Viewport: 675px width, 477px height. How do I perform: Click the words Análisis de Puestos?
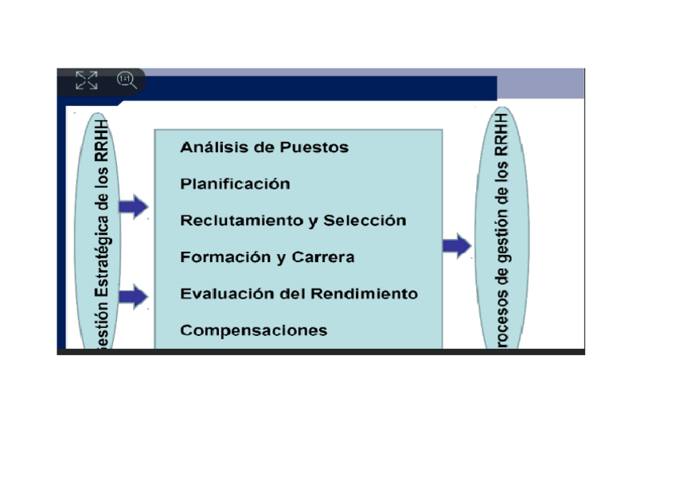[263, 147]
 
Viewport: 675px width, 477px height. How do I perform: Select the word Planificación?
[235, 184]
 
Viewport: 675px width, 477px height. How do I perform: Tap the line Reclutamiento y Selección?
[293, 221]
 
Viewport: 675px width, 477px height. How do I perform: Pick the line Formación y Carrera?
[267, 257]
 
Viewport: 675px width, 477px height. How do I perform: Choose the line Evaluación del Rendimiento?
[298, 294]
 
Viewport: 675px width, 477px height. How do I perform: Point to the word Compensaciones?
[253, 330]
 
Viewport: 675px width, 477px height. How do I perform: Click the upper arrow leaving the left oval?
[134, 207]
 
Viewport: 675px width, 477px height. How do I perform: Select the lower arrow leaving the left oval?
[134, 298]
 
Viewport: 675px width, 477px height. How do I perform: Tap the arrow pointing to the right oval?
[457, 245]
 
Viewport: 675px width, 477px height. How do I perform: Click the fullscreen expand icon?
[86, 80]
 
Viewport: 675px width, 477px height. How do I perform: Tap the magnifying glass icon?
[127, 80]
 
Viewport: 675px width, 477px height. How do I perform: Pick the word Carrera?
[323, 257]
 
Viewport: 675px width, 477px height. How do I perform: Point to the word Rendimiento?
[364, 294]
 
